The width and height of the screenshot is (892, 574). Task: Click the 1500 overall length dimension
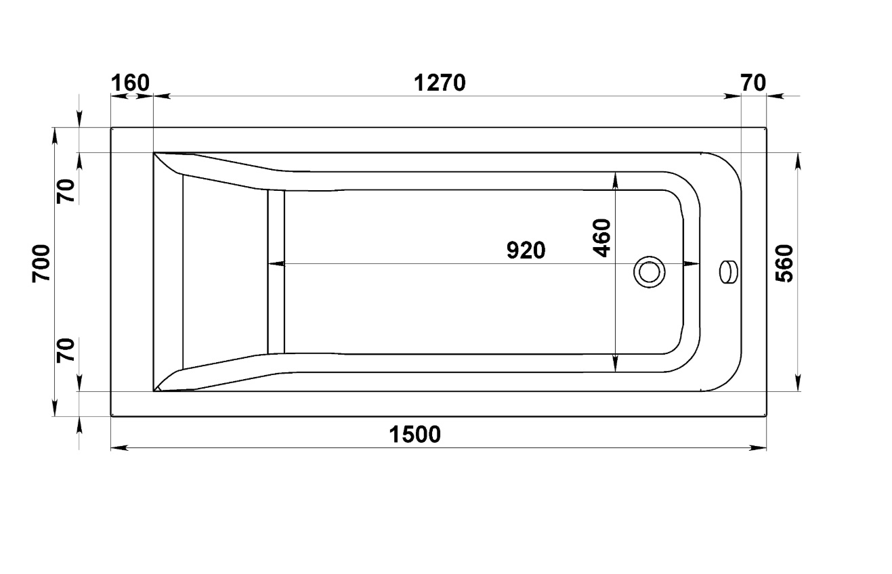(415, 435)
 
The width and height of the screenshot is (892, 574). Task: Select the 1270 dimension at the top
(440, 83)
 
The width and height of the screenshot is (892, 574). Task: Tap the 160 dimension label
(130, 83)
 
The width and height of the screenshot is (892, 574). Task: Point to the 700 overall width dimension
(41, 264)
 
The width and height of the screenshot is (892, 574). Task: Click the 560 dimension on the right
(784, 263)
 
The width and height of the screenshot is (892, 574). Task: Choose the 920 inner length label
(526, 250)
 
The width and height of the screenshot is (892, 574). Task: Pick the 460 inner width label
(601, 238)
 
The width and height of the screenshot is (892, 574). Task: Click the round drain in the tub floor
(649, 272)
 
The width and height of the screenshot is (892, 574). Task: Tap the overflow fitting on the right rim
(728, 272)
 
